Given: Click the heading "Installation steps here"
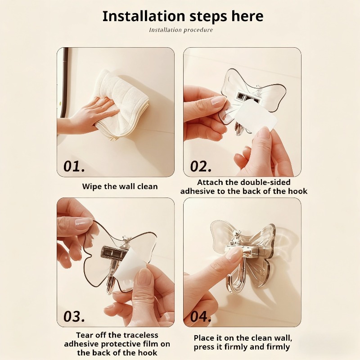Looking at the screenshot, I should pos(183,16).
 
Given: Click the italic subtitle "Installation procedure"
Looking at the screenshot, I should pos(181,30).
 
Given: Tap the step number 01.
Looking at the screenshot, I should pos(74,166).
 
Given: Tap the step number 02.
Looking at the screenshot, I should pos(201,166).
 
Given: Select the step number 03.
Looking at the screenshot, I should pos(74,316).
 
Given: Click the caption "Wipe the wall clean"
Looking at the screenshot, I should pos(120,186).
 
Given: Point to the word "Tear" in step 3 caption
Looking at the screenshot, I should pos(85,335).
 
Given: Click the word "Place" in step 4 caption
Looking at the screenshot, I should pos(205,337).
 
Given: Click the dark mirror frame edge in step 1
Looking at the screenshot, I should pos(65,81).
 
